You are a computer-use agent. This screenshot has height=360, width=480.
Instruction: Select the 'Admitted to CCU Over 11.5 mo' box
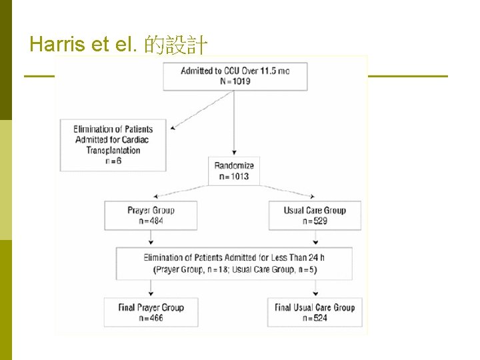pyautogui.click(x=235, y=76)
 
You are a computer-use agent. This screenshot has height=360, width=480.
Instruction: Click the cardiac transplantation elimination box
pyautogui.click(x=113, y=145)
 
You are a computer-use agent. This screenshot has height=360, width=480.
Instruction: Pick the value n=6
pyautogui.click(x=113, y=161)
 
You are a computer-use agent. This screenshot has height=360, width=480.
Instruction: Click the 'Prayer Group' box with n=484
pyautogui.click(x=151, y=215)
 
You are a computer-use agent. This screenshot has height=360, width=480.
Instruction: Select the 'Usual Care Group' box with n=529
pyautogui.click(x=315, y=215)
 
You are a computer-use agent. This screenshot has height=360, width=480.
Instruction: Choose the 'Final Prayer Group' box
pyautogui.click(x=151, y=312)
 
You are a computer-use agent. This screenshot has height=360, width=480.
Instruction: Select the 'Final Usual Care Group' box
pyautogui.click(x=315, y=312)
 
